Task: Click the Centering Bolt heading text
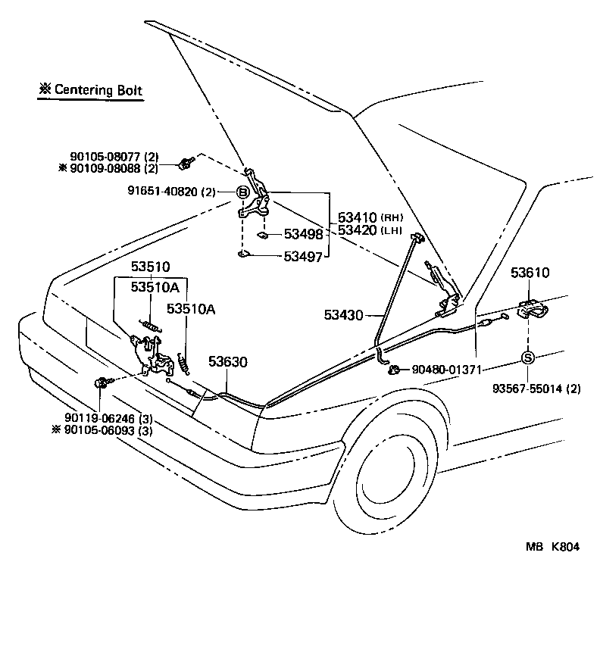91,90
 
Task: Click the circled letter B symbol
243,193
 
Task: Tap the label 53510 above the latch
151,267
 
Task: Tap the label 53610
530,273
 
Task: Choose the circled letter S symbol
528,357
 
